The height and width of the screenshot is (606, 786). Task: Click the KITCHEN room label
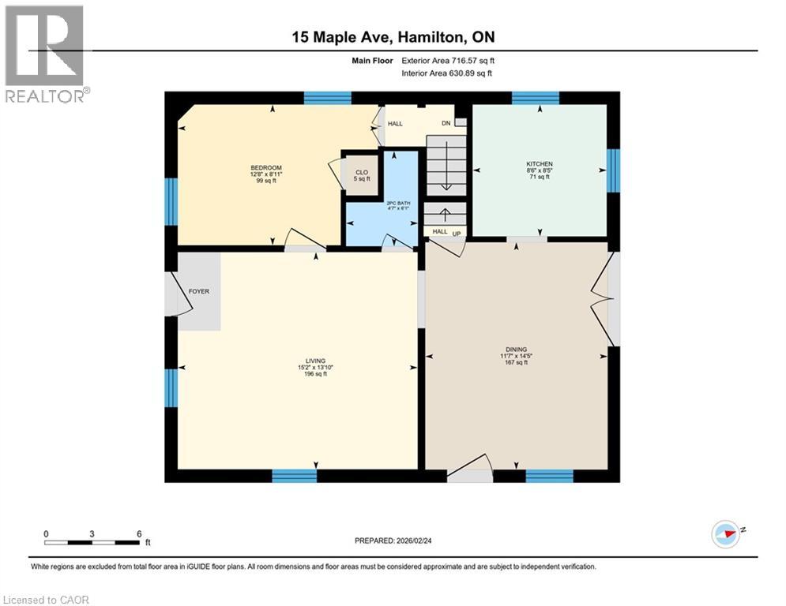coord(540,164)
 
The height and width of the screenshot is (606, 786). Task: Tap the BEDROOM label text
coord(266,168)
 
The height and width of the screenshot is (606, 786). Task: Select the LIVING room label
coord(315,361)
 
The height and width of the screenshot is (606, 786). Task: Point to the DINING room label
coord(517,350)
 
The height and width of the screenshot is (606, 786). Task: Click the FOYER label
coord(198,291)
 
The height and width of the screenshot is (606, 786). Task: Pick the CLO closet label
coord(362,172)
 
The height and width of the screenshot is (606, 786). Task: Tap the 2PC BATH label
coord(399,203)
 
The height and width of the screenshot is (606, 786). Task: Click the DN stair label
coord(446,123)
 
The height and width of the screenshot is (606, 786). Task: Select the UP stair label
coord(456,233)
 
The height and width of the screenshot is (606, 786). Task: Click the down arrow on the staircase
coord(446,178)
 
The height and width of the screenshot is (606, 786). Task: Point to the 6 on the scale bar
coord(139,533)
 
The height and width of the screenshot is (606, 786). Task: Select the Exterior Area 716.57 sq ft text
coord(448,60)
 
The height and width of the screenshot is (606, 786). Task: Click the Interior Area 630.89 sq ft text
coord(448,73)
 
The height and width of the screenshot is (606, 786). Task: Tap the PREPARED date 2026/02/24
coord(393,541)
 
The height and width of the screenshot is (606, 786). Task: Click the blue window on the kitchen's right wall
coord(613,170)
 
